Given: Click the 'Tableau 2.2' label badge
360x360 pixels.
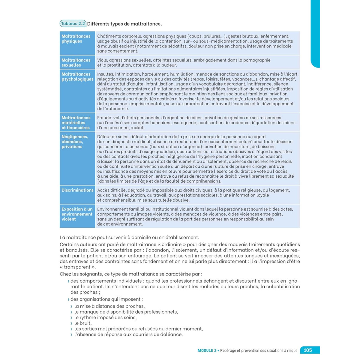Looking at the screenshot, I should tap(73, 24).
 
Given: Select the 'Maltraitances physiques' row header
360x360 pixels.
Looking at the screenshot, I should tap(76, 39).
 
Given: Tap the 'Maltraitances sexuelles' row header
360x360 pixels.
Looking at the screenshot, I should tap(76, 62).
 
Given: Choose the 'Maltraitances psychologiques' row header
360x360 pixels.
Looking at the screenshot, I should tap(77, 76).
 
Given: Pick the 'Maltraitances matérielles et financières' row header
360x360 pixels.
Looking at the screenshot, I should tap(76, 123).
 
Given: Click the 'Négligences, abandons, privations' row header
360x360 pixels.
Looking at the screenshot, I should tap(75, 142).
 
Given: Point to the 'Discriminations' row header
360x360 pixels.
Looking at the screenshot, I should tap(77, 190).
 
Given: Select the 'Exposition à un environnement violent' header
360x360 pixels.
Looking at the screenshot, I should tap(77, 214).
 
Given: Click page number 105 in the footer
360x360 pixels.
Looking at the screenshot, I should tap(308, 350).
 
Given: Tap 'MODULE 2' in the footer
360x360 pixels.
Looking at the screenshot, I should tap(207, 350).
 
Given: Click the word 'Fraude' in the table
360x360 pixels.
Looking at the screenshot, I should tap(104, 118).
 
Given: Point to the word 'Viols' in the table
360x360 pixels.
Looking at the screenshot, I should tap(103, 60).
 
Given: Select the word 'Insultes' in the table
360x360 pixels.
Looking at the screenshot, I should tap(105, 74).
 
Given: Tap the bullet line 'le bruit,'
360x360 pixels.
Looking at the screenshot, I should tap(83, 323).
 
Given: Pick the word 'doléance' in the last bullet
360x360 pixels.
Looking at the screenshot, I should tap(172, 334).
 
